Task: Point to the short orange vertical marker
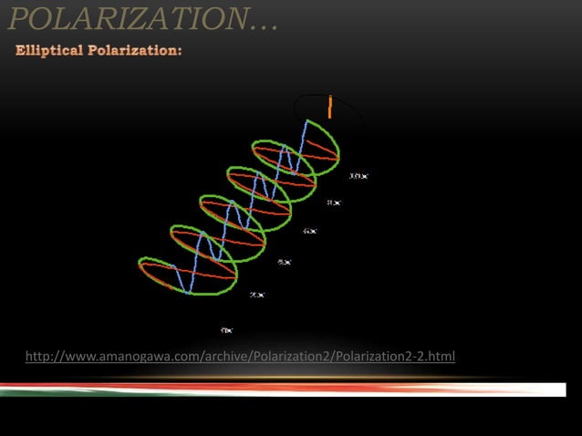pyautogui.click(x=329, y=106)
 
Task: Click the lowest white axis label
pyautogui.click(x=226, y=329)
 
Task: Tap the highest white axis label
pyautogui.click(x=359, y=174)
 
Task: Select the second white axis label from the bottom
pyautogui.click(x=258, y=295)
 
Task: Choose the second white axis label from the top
pyautogui.click(x=334, y=202)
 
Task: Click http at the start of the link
pyautogui.click(x=39, y=355)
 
